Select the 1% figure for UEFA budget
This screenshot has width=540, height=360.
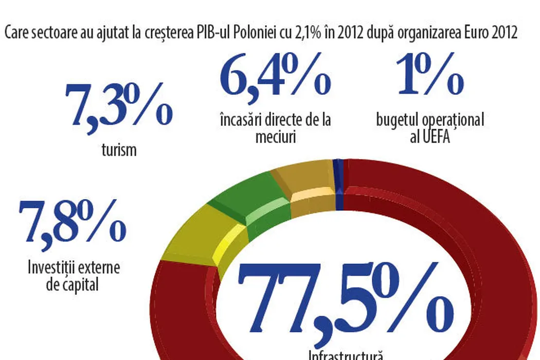[430, 76]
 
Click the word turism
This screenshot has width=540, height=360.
[119, 150]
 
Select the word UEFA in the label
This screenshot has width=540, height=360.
[437, 137]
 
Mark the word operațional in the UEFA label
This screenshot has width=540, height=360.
[453, 120]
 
